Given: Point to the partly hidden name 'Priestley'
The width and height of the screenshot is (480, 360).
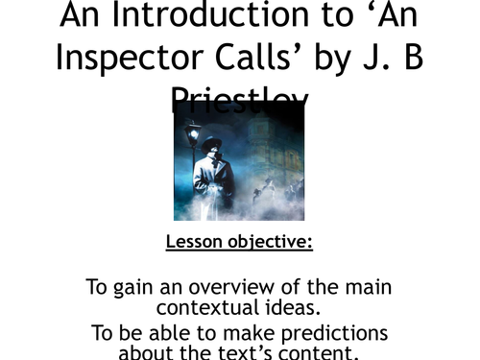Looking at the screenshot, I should (x=239, y=95).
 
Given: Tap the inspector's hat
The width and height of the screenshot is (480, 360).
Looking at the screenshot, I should (x=213, y=143).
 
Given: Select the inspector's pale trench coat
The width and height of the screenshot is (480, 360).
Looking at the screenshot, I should (x=213, y=182).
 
